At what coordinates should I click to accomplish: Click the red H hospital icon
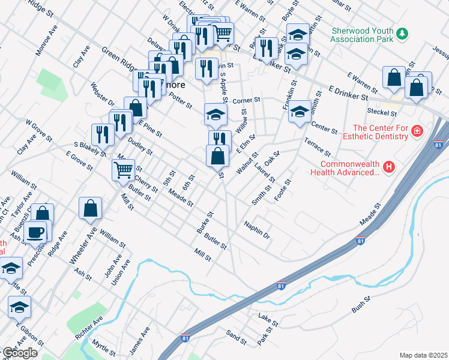(x=389, y=166)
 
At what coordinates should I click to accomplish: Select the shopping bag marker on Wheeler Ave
(x=90, y=209)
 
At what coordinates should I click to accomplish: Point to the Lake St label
(x=269, y=319)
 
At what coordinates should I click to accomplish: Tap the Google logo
(x=20, y=353)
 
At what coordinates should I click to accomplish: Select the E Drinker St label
(x=349, y=92)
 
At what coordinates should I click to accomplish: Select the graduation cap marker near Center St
(x=300, y=112)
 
